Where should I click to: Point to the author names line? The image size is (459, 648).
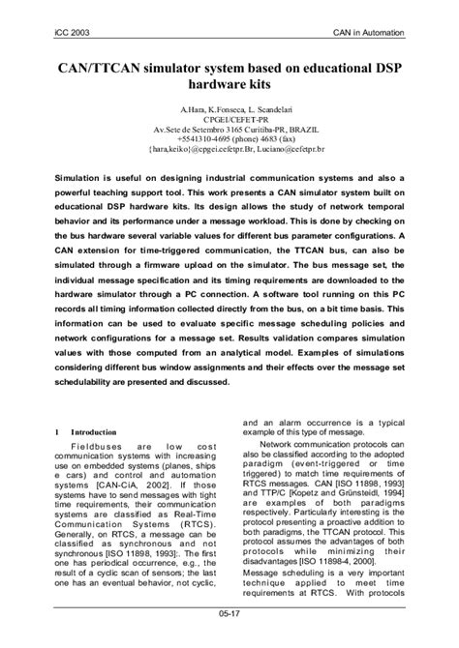tap(229, 113)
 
